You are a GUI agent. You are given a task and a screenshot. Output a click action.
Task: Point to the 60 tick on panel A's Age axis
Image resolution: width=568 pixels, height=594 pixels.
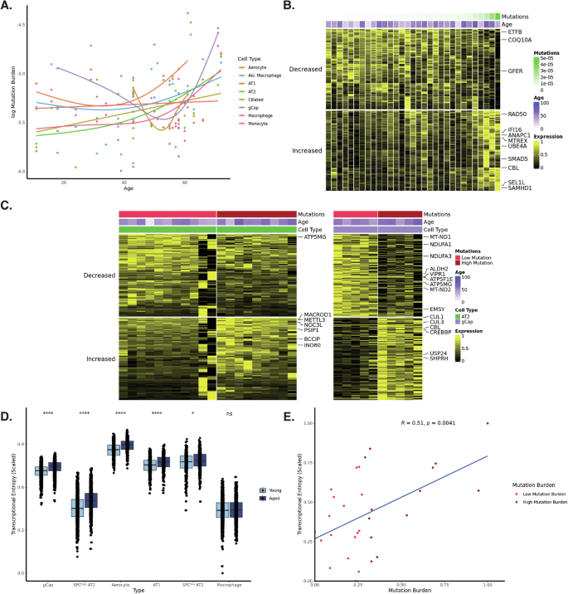click(184, 182)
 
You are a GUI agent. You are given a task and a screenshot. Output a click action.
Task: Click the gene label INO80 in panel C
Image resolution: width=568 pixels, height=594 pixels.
click(313, 343)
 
